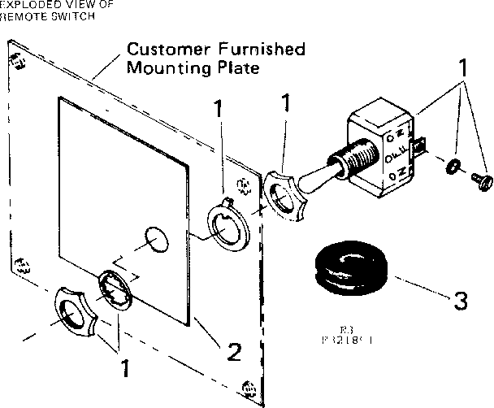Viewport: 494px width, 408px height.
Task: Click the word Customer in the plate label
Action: pos(160,50)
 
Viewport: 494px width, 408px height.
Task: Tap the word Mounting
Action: pos(162,68)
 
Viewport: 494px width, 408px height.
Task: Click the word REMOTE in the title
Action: pos(22,16)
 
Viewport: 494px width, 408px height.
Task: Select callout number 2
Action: pos(233,352)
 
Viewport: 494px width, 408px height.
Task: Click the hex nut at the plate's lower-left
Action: pos(75,313)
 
